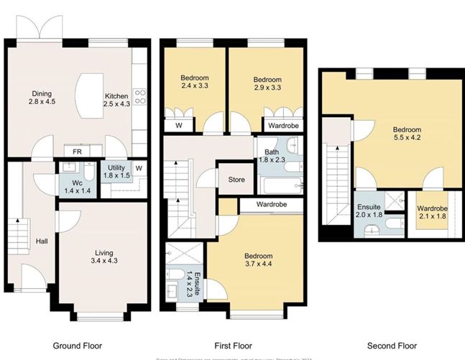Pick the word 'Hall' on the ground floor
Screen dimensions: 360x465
42,241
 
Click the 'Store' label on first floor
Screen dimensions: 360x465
236,180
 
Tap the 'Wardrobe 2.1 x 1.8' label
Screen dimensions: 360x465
433,213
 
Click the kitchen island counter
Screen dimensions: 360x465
88,97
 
